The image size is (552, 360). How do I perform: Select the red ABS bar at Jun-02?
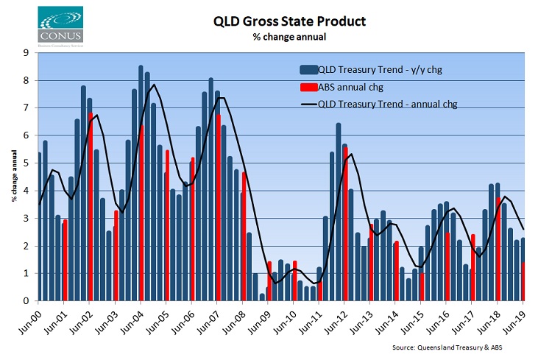[x=91, y=207]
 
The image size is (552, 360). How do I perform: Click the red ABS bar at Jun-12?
[x=345, y=224]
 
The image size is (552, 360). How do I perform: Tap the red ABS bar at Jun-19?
[x=523, y=282]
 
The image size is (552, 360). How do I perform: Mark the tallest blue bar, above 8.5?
[x=141, y=183]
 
